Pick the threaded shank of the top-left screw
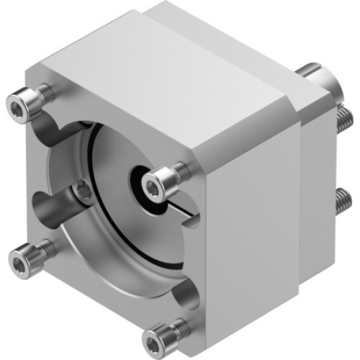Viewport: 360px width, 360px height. point(45,92)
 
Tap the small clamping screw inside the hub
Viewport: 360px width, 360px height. point(83,190)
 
